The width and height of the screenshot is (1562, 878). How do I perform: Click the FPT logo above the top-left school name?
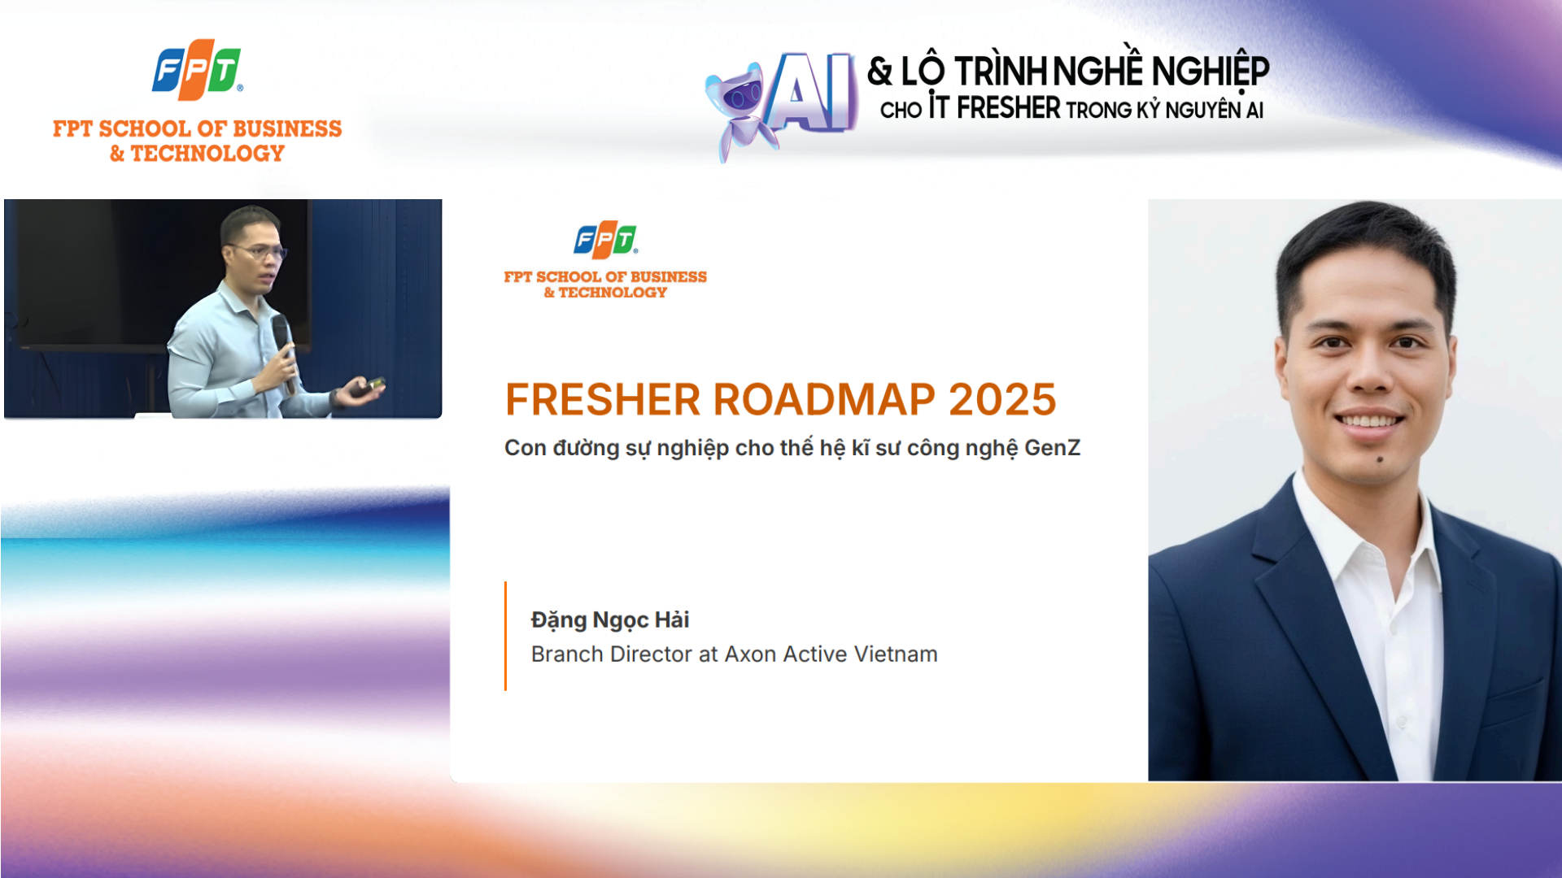pos(198,70)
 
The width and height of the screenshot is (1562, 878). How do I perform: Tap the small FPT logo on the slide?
pos(605,240)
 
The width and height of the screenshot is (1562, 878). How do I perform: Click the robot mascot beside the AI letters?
pos(740,110)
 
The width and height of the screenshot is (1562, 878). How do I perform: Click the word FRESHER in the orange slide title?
pos(603,399)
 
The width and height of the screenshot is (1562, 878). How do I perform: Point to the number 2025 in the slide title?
pos(1002,399)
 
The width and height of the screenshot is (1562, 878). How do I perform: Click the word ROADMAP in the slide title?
pos(824,399)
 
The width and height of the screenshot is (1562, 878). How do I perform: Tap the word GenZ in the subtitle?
pos(1052,448)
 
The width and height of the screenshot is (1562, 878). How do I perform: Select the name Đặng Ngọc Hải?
pos(610,620)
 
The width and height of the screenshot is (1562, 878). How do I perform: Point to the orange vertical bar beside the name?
pos(505,636)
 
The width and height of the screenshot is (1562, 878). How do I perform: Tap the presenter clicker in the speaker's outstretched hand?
pos(374,383)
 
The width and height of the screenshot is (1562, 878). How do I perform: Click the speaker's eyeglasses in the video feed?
pos(259,251)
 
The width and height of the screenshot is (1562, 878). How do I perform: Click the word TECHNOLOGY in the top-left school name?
pos(207,153)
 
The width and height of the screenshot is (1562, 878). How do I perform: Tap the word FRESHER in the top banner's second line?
pos(1008,108)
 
